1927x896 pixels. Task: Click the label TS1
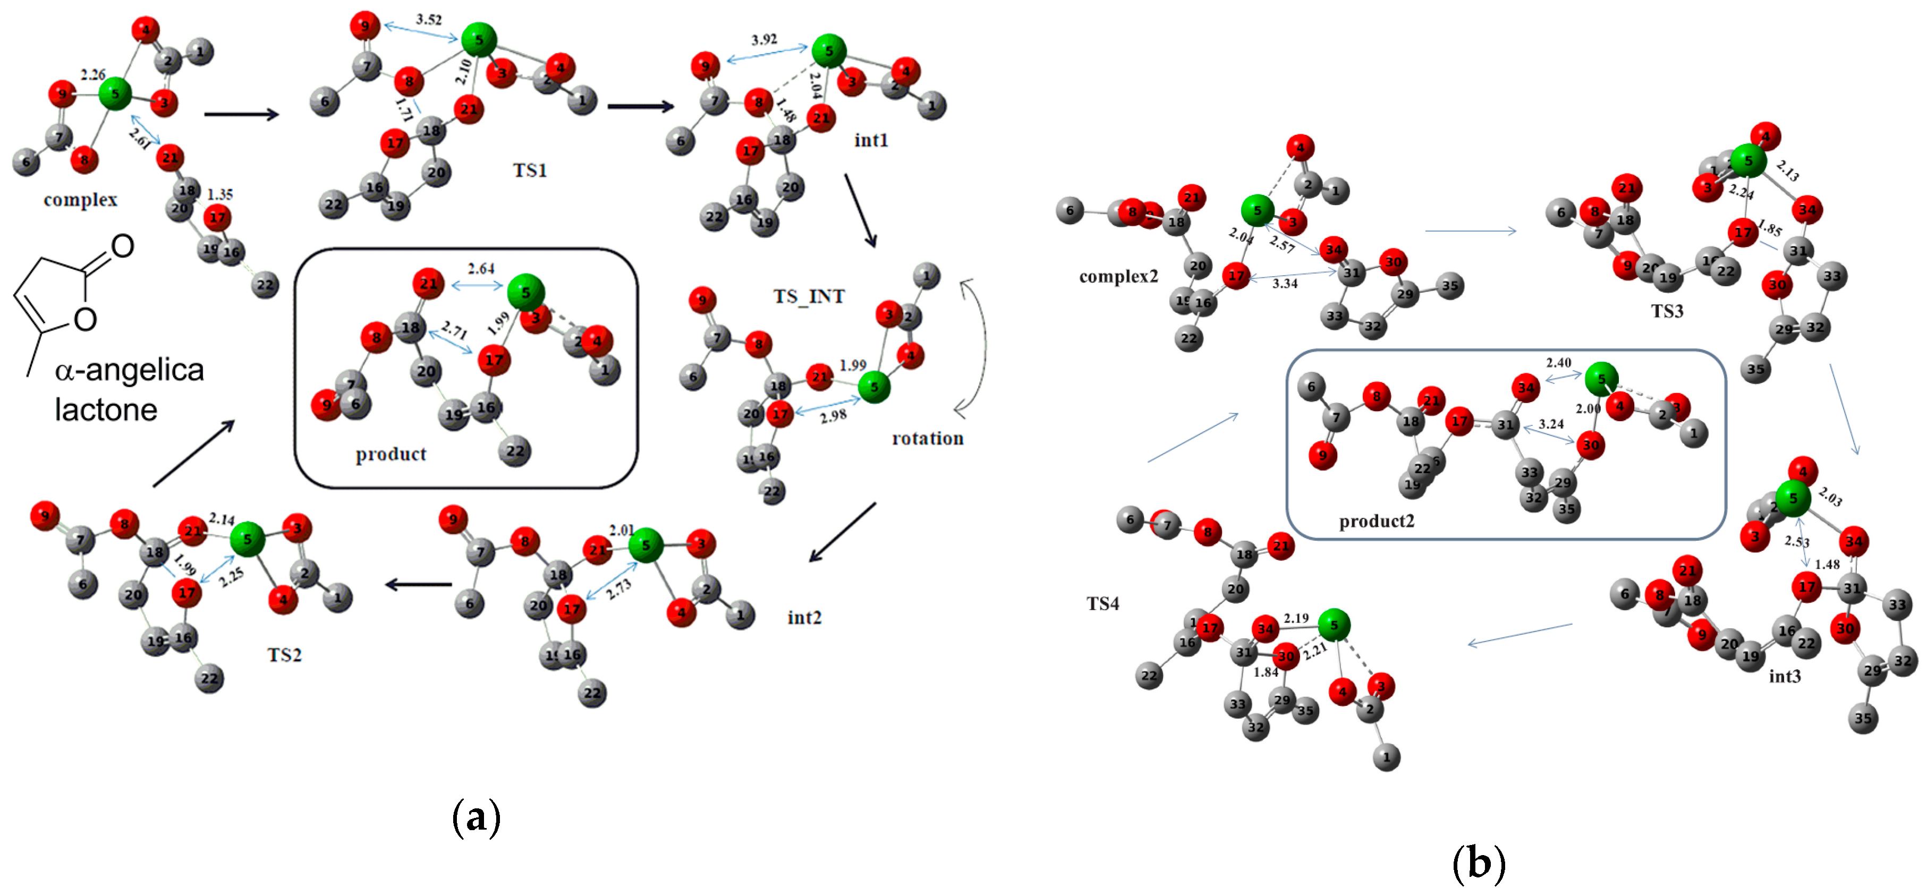coord(530,170)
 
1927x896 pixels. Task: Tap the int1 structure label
coord(871,141)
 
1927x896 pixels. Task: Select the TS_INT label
coord(809,297)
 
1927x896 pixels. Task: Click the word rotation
coord(928,438)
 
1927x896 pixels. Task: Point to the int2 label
coord(804,617)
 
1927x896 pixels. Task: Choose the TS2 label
coord(284,655)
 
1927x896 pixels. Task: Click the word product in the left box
coord(391,454)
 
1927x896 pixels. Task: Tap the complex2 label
coord(1118,277)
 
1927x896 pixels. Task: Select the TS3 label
coord(1667,311)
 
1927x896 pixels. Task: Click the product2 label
coord(1377,522)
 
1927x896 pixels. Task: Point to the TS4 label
coord(1102,603)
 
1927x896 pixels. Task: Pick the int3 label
coord(1784,676)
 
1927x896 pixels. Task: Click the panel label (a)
coord(476,817)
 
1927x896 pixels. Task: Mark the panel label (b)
coord(1478,863)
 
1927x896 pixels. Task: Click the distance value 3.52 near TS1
coord(429,20)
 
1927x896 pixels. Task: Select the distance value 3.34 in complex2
coord(1285,284)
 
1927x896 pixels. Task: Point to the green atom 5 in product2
coord(1602,379)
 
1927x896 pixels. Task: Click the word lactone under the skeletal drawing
coord(106,410)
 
